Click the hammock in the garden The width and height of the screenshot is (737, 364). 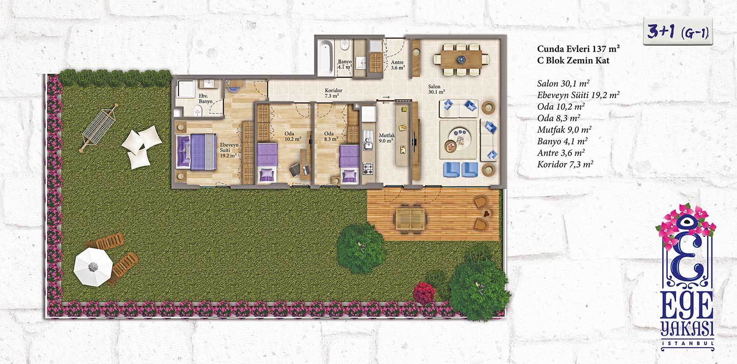point(98,128)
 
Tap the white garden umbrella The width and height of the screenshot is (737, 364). point(93,267)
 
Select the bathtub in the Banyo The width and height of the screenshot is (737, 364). point(325,58)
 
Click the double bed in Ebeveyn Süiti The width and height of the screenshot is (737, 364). point(196,152)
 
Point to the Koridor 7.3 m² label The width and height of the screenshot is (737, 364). point(333,93)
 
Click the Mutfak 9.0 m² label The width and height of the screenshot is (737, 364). point(386,138)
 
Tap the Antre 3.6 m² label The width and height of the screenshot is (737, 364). point(397,65)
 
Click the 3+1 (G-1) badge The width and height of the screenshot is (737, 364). point(678,32)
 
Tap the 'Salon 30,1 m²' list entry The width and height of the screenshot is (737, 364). point(563,84)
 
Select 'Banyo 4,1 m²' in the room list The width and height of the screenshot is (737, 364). point(562,141)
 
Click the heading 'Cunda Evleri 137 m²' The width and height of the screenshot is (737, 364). point(578,49)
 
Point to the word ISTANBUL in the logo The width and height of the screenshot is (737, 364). point(687,343)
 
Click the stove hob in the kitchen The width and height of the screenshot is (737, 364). point(368,168)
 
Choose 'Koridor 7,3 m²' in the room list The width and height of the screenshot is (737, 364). point(565,165)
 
